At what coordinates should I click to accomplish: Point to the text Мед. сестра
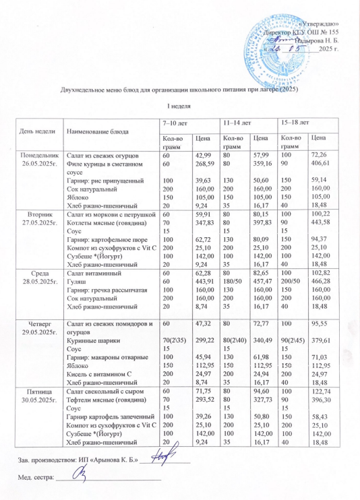[34, 476]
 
